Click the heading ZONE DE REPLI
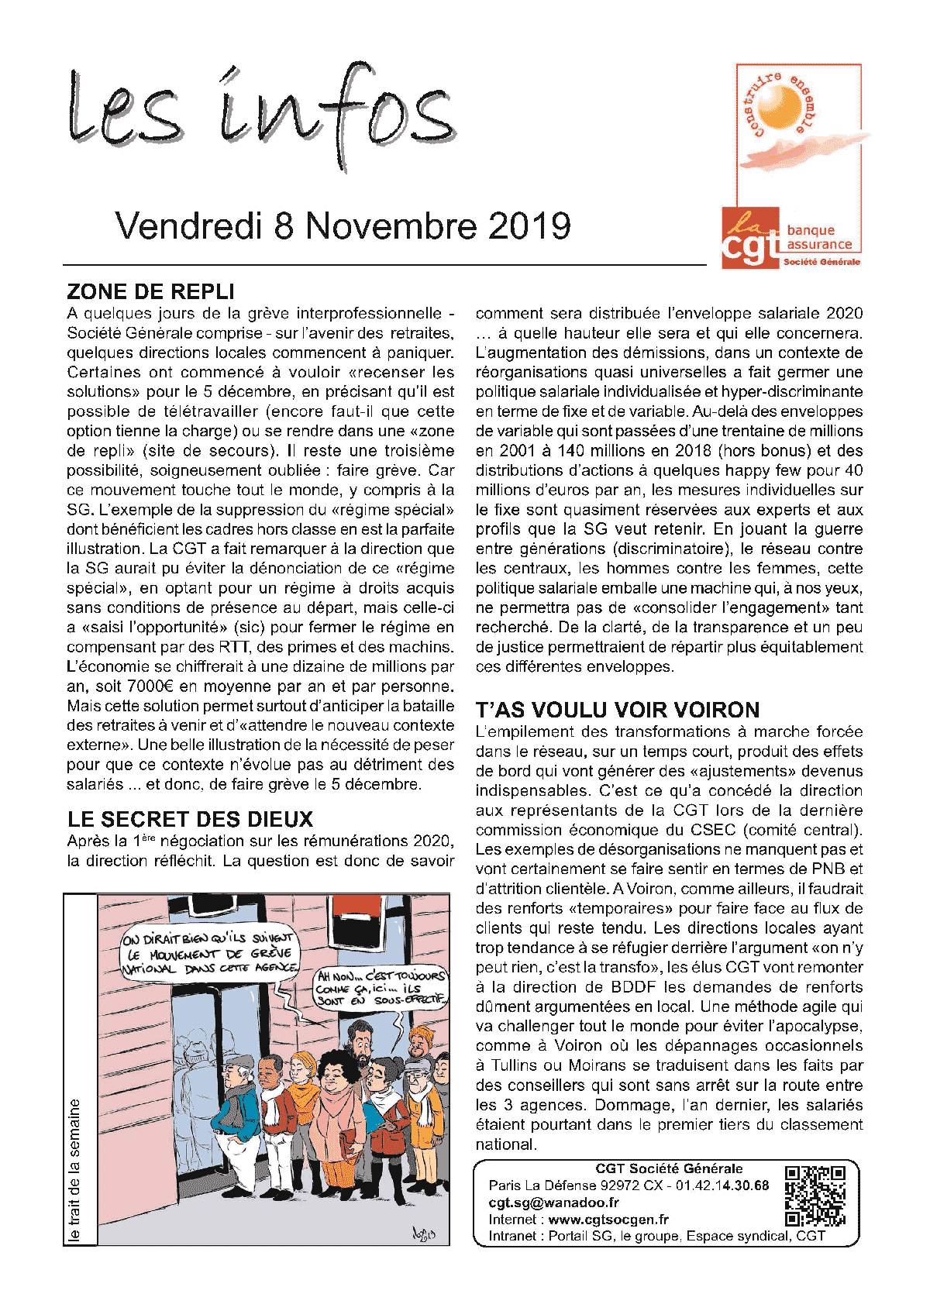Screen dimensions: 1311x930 click(150, 292)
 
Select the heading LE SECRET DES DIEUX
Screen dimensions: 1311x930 click(190, 820)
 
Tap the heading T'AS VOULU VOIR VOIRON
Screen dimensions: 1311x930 click(617, 711)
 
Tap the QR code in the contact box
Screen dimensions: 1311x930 click(815, 1196)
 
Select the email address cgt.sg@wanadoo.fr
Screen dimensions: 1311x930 click(553, 1203)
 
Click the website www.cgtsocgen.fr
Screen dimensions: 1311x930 click(608, 1220)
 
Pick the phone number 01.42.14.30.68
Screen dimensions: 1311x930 click(722, 1185)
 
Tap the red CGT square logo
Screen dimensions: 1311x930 click(749, 238)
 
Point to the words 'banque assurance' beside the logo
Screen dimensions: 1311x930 click(818, 237)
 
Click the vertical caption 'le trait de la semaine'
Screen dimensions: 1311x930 click(75, 1169)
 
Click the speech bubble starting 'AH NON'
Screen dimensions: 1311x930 click(381, 988)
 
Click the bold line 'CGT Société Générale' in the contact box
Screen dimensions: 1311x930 click(669, 1168)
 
